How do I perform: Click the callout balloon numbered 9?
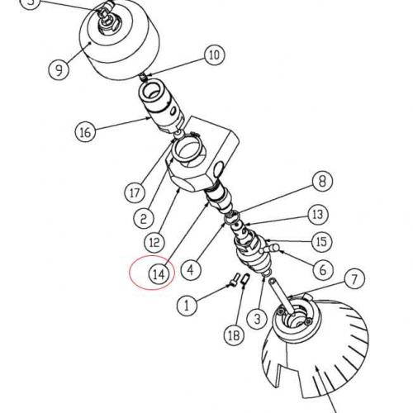(x=59, y=69)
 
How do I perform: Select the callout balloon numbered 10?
(x=215, y=55)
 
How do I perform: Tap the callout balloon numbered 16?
(x=85, y=131)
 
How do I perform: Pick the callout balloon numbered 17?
(x=135, y=192)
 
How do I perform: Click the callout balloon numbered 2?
(x=144, y=219)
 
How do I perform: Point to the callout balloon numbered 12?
(x=154, y=242)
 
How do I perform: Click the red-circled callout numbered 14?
(x=159, y=274)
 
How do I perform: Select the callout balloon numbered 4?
(x=191, y=269)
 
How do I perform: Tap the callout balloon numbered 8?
(x=322, y=181)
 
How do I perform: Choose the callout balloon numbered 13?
(x=318, y=214)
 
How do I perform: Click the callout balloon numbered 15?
(x=321, y=242)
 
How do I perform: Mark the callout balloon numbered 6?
(x=324, y=269)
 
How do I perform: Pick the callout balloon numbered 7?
(x=354, y=278)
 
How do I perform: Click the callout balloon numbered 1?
(x=187, y=306)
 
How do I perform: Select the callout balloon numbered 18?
(x=235, y=335)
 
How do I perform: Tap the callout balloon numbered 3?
(x=257, y=319)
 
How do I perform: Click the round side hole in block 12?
(x=219, y=169)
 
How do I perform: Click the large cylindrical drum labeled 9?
(x=121, y=41)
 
